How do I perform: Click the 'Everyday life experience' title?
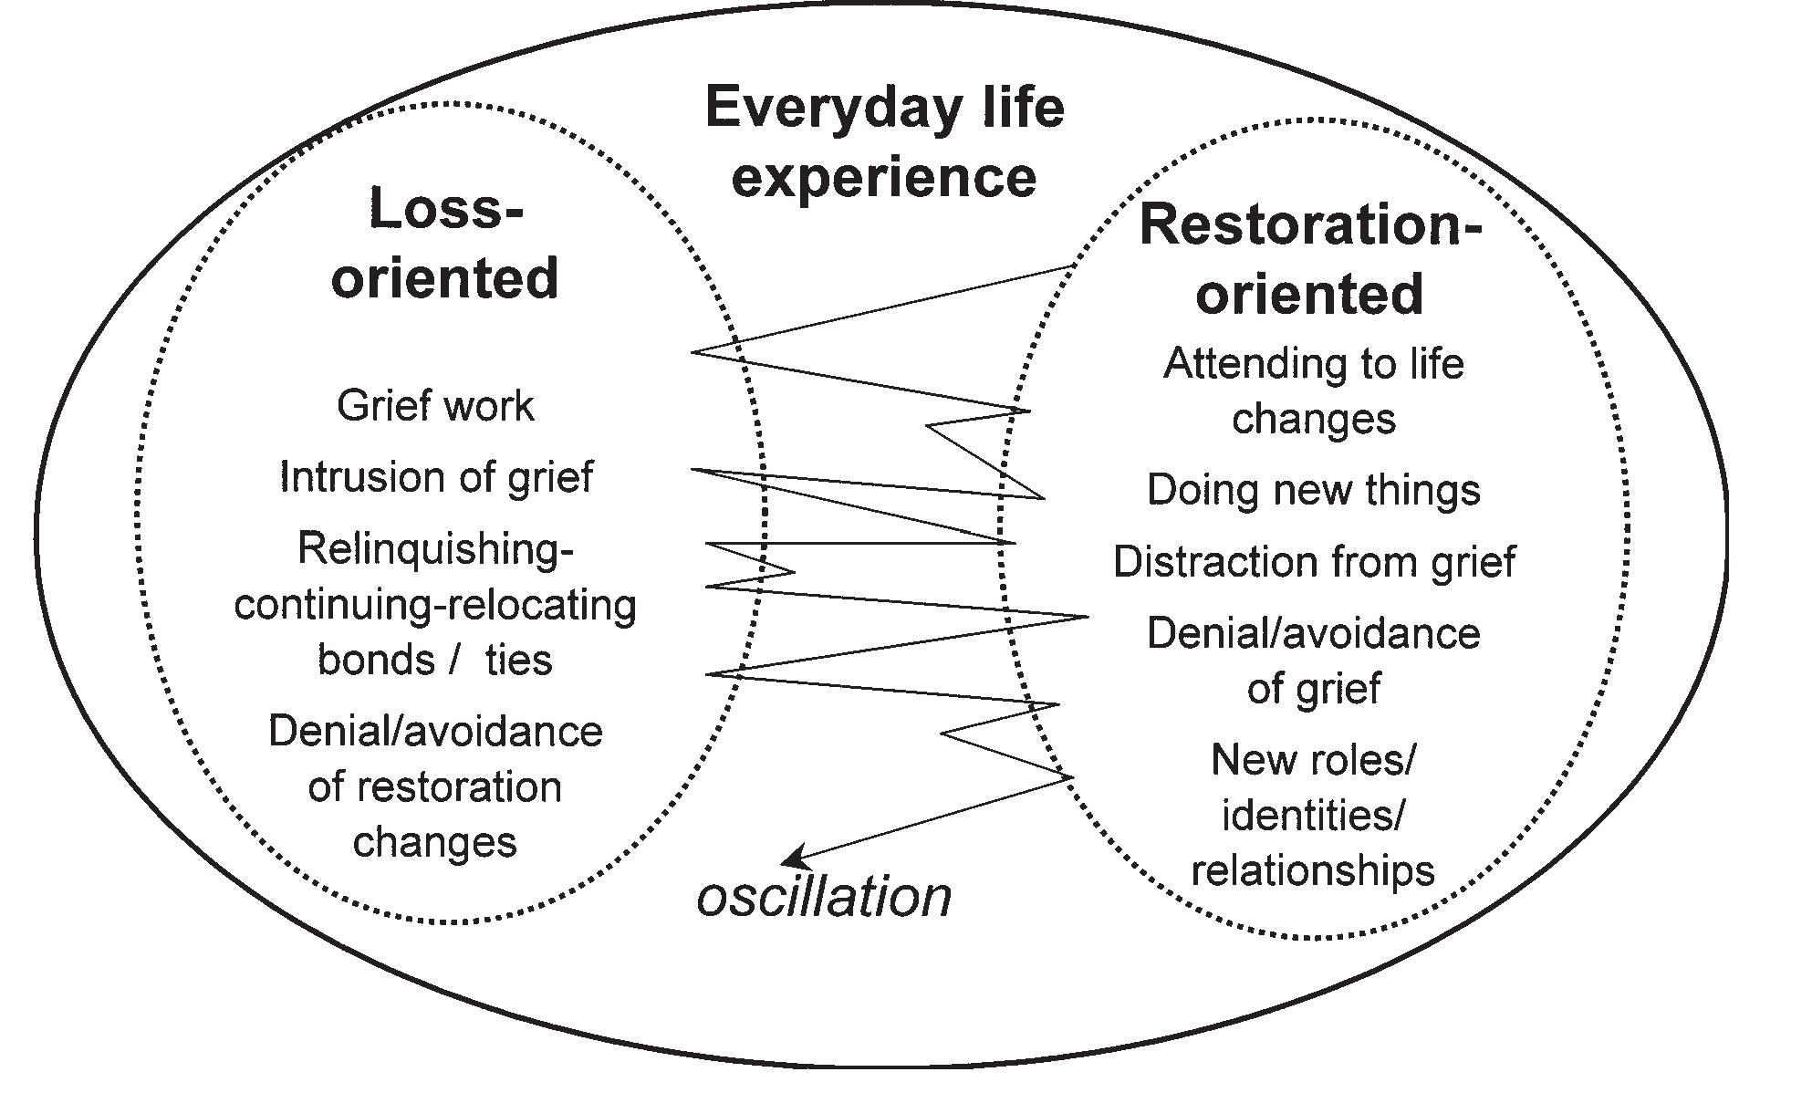[x=884, y=141]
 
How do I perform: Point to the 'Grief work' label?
[x=435, y=406]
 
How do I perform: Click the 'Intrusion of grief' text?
[x=435, y=477]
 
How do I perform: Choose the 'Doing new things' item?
[x=1313, y=490]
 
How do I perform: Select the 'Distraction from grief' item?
[x=1314, y=562]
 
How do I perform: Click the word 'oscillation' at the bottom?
[x=824, y=897]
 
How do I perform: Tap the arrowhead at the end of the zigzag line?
[x=793, y=859]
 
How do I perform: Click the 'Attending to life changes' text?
[x=1314, y=391]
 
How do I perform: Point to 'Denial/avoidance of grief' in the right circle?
[x=1314, y=661]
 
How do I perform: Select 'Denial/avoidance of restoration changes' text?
[x=435, y=786]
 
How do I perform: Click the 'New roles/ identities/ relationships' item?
[x=1313, y=815]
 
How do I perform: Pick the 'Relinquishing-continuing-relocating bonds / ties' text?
[x=435, y=604]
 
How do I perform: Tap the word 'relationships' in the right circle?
[x=1313, y=870]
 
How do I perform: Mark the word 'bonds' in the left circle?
[x=376, y=660]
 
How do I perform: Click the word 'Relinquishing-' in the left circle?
[x=435, y=548]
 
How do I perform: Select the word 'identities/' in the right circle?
[x=1313, y=815]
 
